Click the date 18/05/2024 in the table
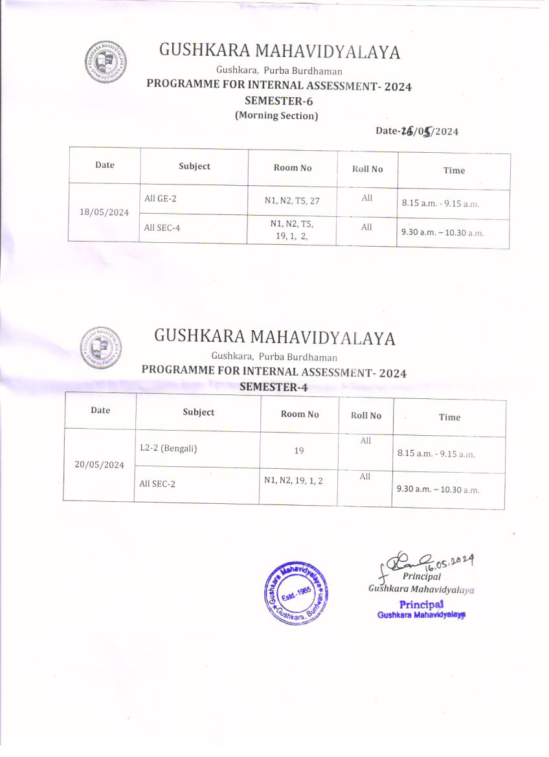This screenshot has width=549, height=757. coord(104,212)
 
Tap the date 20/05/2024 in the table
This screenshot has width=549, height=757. coord(99,465)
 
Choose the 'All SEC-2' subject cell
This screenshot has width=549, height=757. coord(157,483)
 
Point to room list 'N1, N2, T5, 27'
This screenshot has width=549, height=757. coord(292,201)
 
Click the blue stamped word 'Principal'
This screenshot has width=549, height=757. coord(421,604)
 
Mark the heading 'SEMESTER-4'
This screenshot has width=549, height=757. coord(274,387)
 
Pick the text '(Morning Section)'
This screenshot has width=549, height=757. coord(276,116)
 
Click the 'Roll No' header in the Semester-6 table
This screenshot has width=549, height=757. coord(367,169)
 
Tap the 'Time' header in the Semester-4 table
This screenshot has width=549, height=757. coord(449,417)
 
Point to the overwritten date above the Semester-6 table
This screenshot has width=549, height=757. coord(417,131)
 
